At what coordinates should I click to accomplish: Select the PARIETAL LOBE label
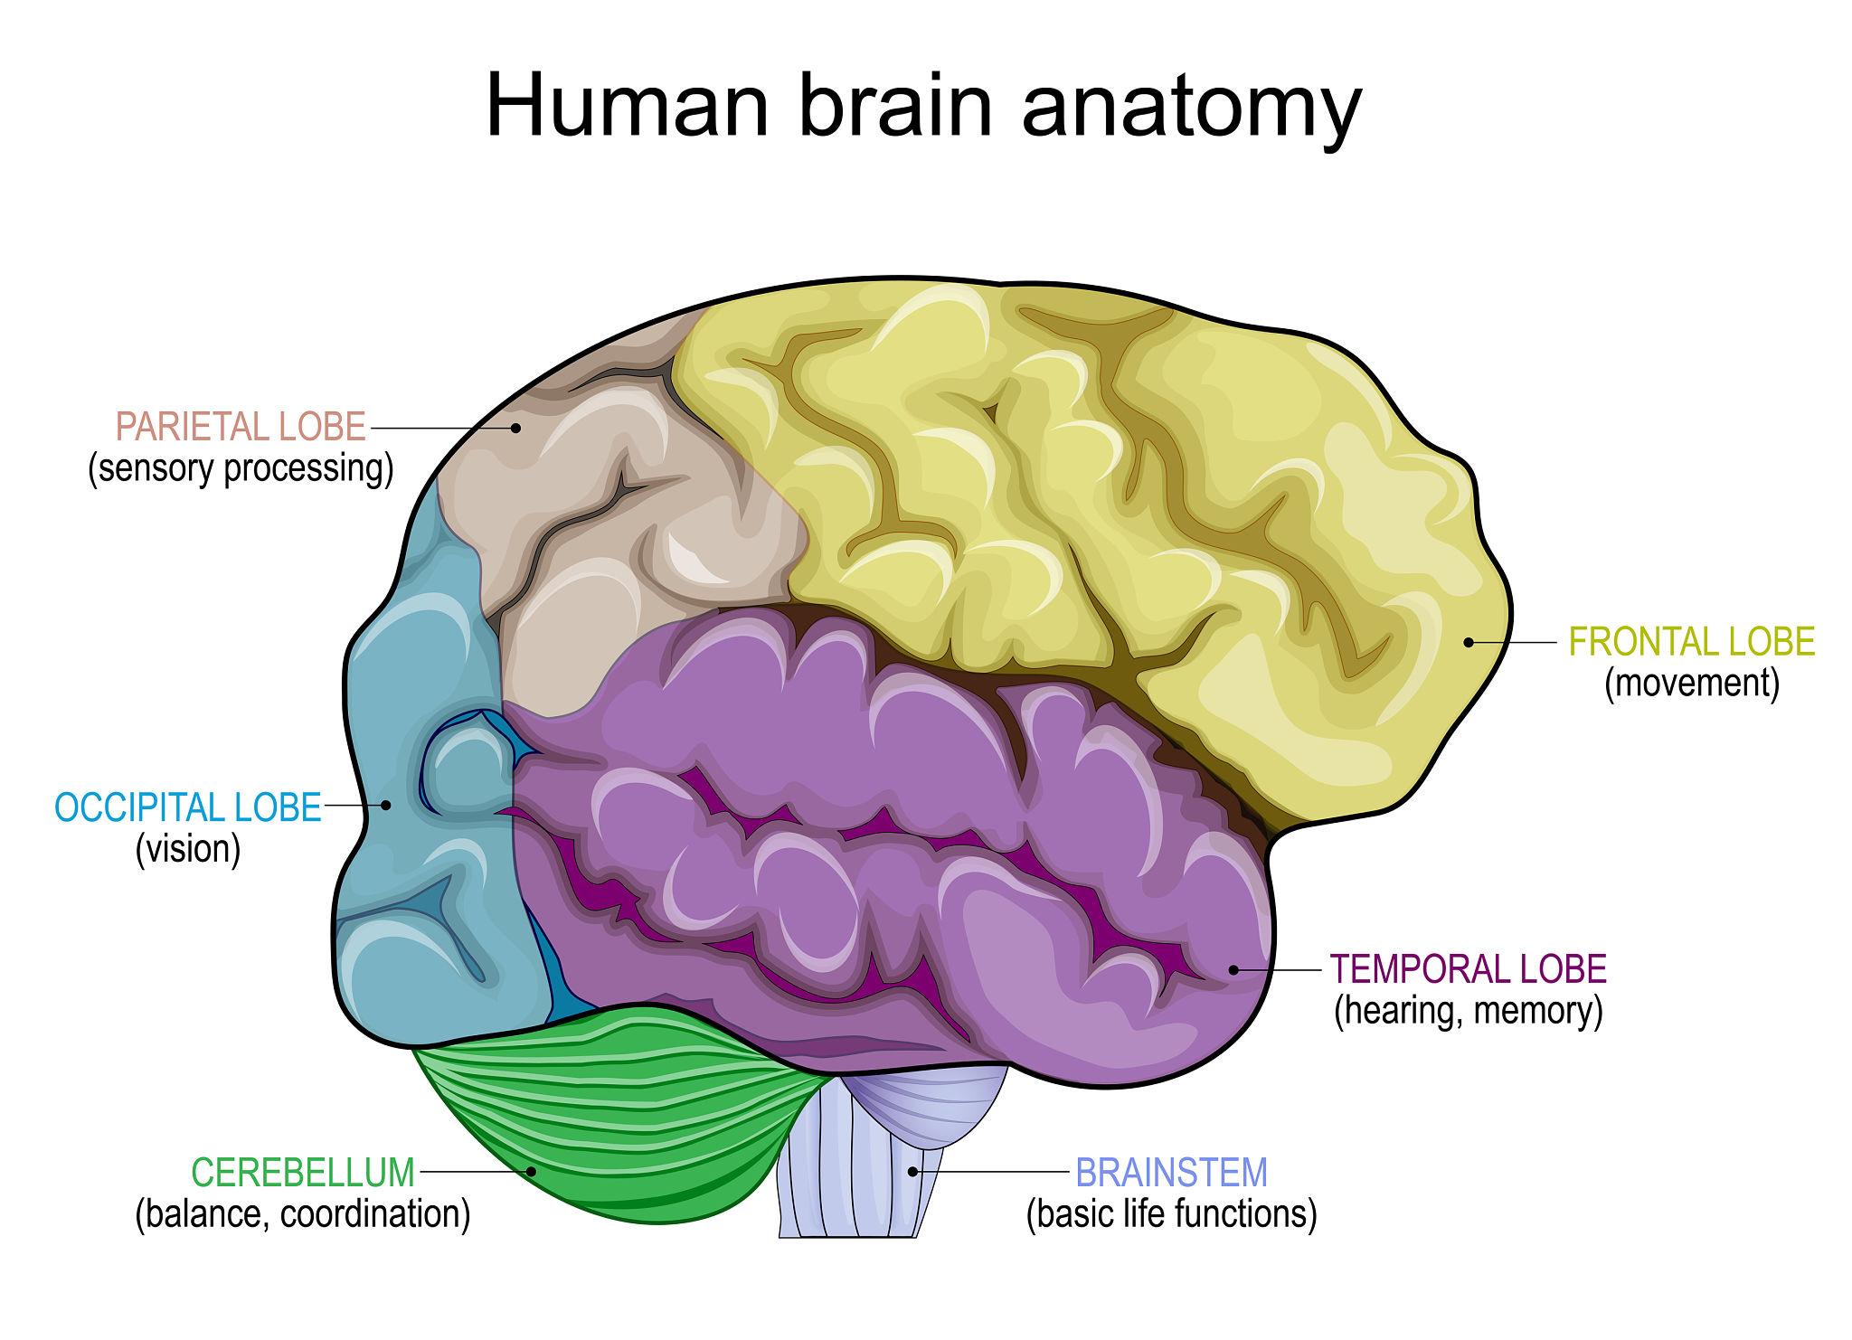(x=241, y=427)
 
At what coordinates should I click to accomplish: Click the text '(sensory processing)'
(x=241, y=469)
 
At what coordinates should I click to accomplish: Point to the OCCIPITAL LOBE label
(x=188, y=807)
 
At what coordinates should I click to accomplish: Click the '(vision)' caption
(x=188, y=849)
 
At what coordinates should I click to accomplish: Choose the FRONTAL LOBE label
(x=1691, y=642)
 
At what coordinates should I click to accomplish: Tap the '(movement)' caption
(x=1691, y=684)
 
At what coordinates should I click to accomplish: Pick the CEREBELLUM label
(x=303, y=1172)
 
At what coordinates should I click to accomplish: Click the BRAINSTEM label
(x=1171, y=1173)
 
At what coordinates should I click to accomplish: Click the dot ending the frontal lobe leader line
(x=1469, y=642)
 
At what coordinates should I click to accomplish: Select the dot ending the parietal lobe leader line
(x=517, y=427)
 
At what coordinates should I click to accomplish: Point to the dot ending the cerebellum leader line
(x=532, y=1171)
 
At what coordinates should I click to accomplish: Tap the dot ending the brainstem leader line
(x=913, y=1172)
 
